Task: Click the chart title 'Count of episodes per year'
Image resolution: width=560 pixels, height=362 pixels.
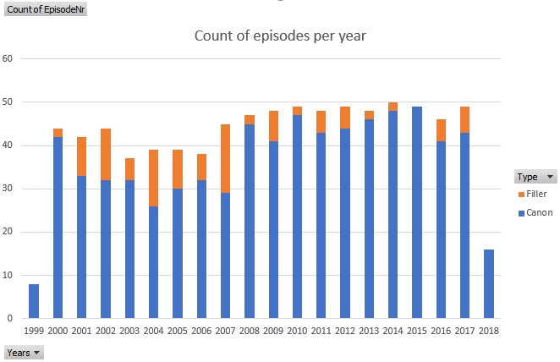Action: [280, 36]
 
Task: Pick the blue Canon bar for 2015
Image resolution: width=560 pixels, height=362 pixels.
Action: [417, 212]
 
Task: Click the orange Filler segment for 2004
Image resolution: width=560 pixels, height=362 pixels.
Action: [154, 178]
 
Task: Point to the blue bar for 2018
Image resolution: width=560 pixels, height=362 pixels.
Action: [489, 283]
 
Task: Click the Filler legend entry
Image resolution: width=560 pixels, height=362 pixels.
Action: [536, 194]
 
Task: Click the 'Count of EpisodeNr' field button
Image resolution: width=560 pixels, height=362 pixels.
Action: [45, 9]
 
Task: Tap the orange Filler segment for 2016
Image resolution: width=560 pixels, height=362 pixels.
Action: [441, 130]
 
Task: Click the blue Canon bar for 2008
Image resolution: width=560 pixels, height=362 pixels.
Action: [250, 221]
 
